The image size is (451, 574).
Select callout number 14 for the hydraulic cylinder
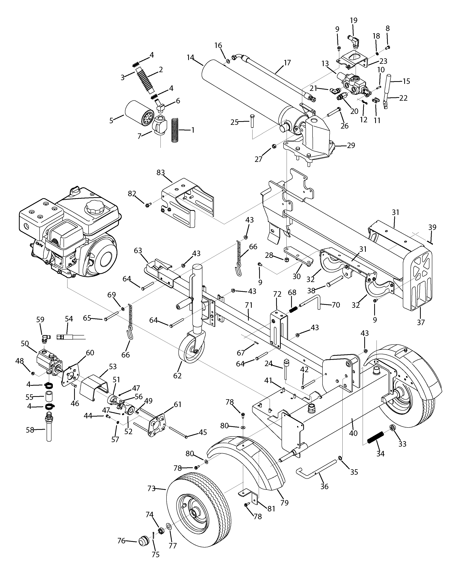[190, 57]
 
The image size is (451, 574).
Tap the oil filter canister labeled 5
[138, 114]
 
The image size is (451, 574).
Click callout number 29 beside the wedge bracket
[351, 145]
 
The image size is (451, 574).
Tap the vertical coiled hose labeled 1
[175, 131]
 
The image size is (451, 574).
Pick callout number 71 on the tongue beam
[249, 305]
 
